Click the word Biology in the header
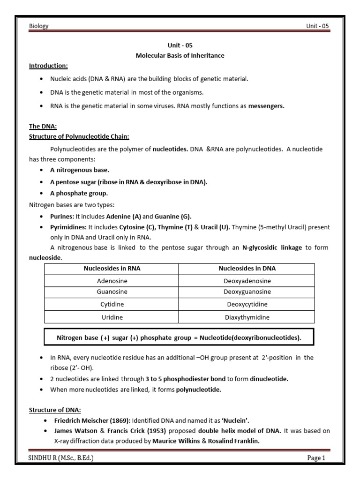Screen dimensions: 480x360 39,26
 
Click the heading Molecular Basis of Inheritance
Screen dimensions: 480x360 180,56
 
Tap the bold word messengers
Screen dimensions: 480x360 266,106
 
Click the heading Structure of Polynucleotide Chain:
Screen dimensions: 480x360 79,136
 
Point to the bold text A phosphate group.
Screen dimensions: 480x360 79,193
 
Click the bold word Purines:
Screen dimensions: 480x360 62,216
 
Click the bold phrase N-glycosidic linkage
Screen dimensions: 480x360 272,247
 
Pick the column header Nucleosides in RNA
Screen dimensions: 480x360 112,269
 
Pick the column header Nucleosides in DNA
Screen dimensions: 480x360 247,269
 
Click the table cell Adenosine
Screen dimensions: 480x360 112,281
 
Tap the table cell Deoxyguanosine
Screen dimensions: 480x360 247,292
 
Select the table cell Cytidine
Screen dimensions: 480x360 112,304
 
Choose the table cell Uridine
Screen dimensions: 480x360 112,317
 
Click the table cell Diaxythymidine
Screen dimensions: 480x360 247,317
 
